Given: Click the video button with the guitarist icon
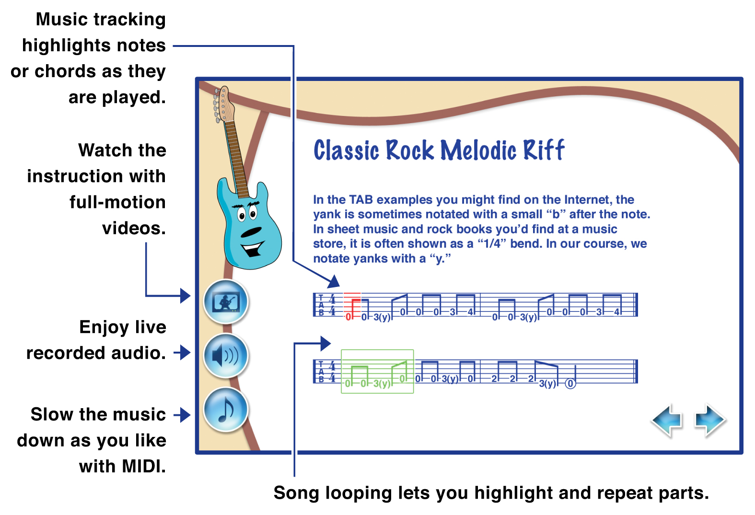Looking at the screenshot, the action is (226, 302).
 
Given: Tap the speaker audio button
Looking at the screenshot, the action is (226, 355).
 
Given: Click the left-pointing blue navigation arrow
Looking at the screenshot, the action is (667, 420).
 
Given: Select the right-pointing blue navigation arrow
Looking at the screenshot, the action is (710, 420).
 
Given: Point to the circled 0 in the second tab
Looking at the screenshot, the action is (570, 383).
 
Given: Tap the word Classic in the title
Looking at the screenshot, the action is (347, 150).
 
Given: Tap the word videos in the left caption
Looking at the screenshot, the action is (134, 229).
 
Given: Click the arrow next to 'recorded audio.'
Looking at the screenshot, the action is (182, 353).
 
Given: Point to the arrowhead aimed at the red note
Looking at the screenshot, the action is (334, 282).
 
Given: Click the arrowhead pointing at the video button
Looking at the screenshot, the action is (186, 296).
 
